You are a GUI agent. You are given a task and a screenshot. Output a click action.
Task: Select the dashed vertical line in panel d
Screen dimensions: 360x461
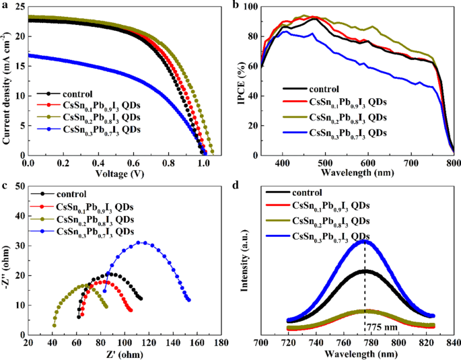point(365,283)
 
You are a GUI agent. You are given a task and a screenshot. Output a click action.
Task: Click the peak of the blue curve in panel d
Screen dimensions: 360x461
point(365,240)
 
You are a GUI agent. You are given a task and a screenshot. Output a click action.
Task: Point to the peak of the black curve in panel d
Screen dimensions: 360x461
point(365,271)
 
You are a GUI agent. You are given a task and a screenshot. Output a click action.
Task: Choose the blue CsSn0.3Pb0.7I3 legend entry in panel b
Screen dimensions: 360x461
point(348,132)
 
